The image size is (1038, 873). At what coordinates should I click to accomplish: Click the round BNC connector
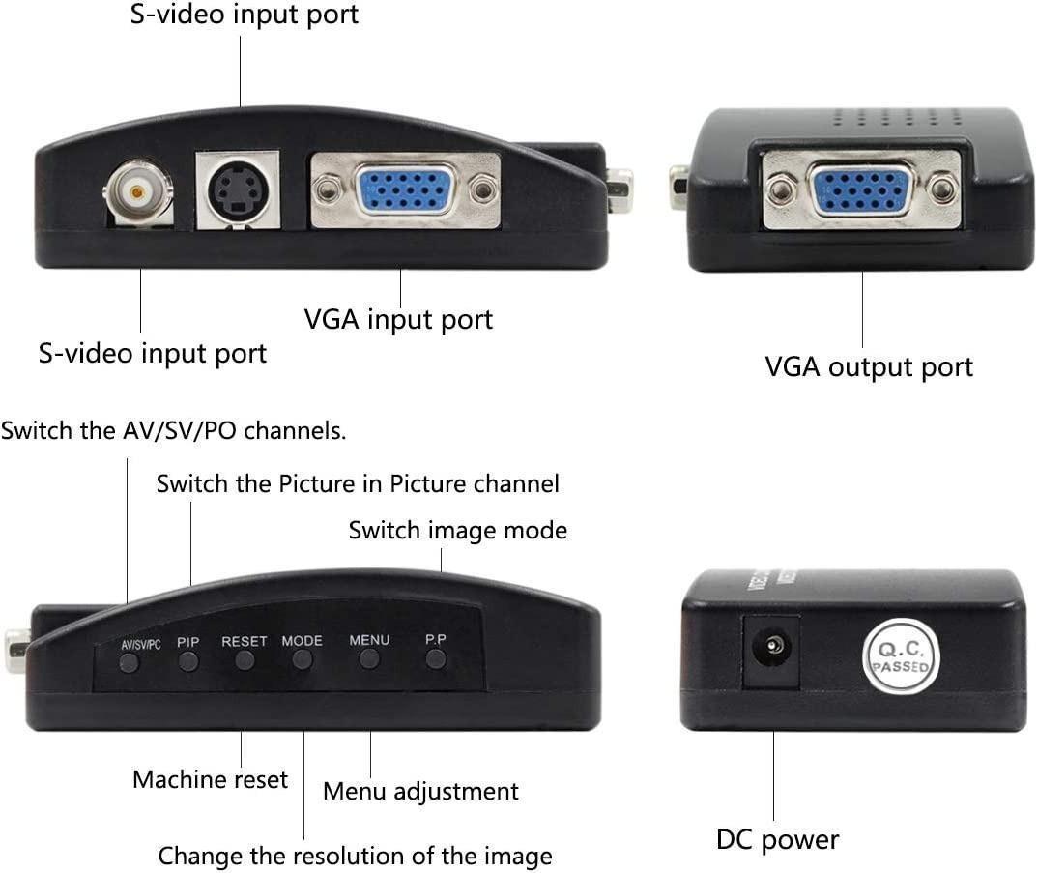point(137,192)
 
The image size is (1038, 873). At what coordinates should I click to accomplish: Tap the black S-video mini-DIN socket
point(237,190)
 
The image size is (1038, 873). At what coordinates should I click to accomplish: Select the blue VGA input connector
point(405,189)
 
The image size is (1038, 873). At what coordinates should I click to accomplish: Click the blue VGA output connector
point(861,189)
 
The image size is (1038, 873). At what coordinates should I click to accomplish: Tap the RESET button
point(245,661)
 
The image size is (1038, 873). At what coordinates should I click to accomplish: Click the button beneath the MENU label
point(368,659)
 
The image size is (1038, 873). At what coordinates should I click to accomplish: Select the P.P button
point(436,659)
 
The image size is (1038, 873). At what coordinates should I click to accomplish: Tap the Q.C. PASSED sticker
point(900,656)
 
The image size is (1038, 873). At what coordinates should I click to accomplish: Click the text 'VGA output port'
point(868,367)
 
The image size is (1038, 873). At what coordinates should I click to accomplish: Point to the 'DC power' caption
point(777,839)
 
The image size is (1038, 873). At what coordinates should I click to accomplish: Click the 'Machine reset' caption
point(210,779)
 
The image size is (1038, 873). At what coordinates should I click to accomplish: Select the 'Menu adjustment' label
point(420,791)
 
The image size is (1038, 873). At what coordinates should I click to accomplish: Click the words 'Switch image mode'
point(457,530)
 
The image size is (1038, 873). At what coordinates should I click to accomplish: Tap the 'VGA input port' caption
point(398,319)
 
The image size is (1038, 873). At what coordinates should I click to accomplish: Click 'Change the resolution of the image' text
point(355,856)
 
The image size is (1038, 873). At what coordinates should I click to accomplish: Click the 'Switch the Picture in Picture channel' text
point(358,483)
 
